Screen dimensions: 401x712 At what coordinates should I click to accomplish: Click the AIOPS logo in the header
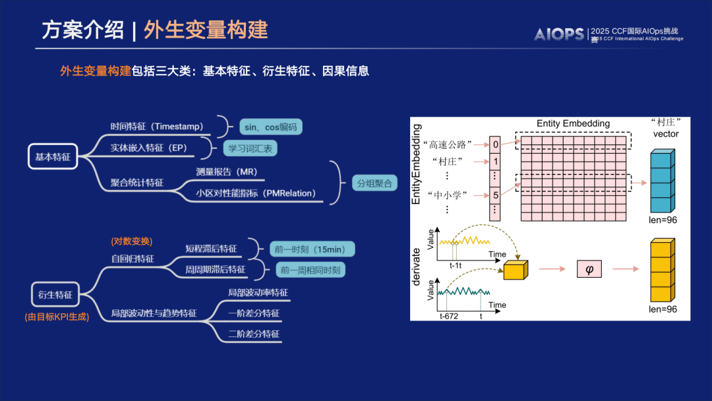coord(558,34)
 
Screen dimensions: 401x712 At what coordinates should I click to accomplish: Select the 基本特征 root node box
coord(53,156)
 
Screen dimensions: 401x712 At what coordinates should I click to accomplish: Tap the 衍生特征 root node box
coord(55,294)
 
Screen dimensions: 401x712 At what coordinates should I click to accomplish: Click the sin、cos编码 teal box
coord(270,127)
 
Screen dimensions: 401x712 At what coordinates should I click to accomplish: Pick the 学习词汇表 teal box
coord(249,148)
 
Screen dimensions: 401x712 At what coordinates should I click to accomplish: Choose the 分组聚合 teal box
coord(374,183)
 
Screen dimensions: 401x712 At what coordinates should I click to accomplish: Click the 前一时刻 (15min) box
coord(312,249)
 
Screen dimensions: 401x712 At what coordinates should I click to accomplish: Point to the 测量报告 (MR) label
coord(226,171)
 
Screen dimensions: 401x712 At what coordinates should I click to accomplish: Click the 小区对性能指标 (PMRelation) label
coord(256,193)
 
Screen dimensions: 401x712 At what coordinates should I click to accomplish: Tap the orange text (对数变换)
coord(132,241)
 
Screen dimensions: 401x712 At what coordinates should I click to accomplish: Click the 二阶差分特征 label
coord(253,334)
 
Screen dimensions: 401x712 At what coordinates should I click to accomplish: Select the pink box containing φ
coord(589,268)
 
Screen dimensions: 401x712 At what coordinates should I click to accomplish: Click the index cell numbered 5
coord(494,195)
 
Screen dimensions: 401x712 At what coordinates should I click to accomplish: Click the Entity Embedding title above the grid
coord(573,123)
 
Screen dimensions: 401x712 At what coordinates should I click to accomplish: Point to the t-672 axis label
coord(450,317)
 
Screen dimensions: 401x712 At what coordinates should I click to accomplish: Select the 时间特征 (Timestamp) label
coord(157,126)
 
